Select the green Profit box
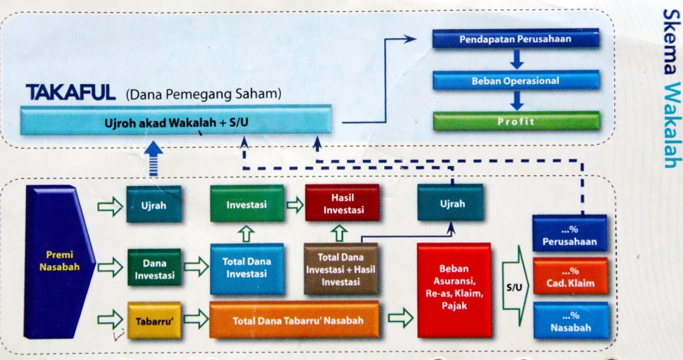[516, 121]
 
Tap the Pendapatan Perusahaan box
[515, 39]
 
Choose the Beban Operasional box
[515, 81]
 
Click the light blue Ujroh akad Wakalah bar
[176, 123]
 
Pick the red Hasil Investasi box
[342, 203]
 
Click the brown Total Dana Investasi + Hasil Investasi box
[341, 269]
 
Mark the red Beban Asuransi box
[454, 290]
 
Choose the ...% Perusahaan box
[570, 233]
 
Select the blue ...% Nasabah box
[570, 321]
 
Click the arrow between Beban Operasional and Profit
[516, 101]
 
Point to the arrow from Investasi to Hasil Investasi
[294, 205]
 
